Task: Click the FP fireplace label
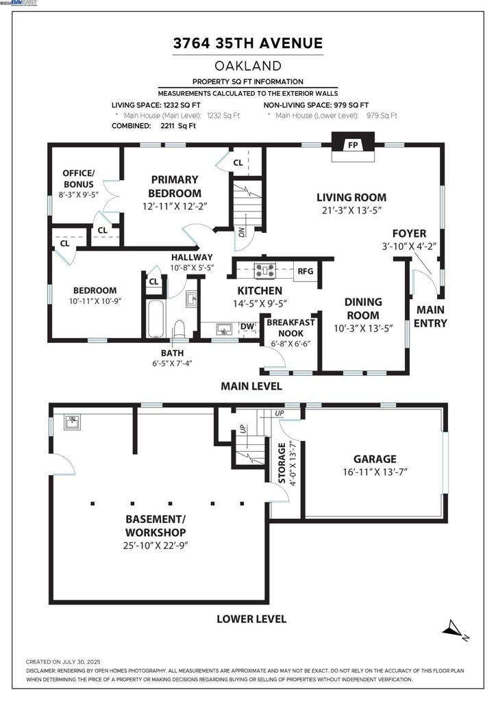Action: [x=353, y=145]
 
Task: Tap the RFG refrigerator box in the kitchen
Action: [x=305, y=271]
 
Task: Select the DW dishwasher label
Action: [x=247, y=327]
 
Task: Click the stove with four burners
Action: [x=265, y=271]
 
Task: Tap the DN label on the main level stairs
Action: [x=240, y=231]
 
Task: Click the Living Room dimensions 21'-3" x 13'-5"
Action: [x=352, y=211]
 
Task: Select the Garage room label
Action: [x=374, y=459]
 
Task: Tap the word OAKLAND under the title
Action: [x=248, y=66]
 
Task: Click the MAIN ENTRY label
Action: [x=431, y=316]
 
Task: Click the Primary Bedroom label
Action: [x=175, y=186]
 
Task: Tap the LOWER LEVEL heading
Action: [x=251, y=619]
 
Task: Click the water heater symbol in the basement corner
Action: [x=71, y=421]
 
